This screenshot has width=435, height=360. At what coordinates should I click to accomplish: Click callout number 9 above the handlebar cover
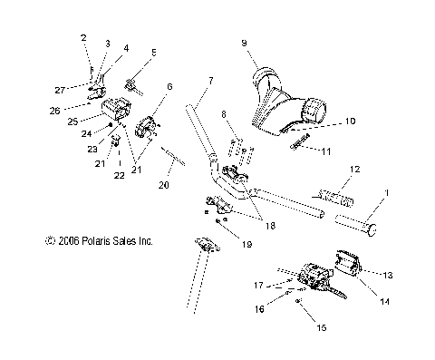coord(243,43)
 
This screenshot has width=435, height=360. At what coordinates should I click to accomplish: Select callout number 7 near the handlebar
coord(212,82)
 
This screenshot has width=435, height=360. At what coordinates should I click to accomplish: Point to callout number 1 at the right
coord(390,193)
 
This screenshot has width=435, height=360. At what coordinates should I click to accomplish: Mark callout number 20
coord(163,185)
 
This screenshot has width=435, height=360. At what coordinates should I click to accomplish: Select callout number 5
coord(153,54)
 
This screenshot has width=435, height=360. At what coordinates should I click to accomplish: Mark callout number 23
coord(92,150)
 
